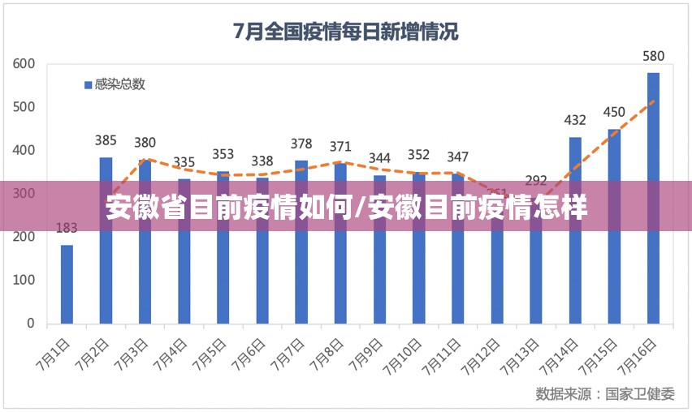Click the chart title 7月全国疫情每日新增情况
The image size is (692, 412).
click(x=345, y=32)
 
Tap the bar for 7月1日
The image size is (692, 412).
click(x=67, y=283)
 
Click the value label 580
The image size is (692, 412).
click(x=653, y=57)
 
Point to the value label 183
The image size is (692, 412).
click(x=67, y=228)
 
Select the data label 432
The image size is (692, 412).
click(x=575, y=121)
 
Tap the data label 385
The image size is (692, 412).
click(x=106, y=140)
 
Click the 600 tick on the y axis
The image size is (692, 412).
click(x=24, y=63)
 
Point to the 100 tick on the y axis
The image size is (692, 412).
click(x=24, y=280)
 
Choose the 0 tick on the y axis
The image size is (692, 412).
click(x=31, y=323)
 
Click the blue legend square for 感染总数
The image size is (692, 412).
click(x=88, y=84)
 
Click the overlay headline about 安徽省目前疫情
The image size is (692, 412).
click(x=346, y=209)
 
